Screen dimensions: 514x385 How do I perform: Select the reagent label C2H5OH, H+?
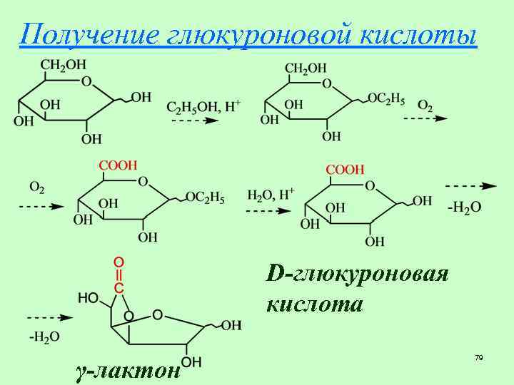pos(204,106)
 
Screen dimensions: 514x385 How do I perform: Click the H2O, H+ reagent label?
pos(271,195)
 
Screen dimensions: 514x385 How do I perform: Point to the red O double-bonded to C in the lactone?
pos(119,261)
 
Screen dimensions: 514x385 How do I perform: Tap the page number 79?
pos(478,356)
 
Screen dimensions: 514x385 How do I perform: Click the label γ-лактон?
pos(127,370)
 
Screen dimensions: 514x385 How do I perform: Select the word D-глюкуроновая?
pos(357,274)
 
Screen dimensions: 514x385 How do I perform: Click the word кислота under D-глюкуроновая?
pos(315,304)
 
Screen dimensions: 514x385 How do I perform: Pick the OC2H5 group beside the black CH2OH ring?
pos(386,98)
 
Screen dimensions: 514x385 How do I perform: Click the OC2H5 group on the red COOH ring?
pos(205,197)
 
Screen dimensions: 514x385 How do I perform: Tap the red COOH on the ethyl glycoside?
pos(118,165)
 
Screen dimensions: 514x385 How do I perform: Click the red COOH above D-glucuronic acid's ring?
pos(345,170)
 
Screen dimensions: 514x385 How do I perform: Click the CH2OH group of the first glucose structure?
pos(61,65)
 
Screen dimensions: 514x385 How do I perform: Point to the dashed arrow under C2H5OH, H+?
pos(194,120)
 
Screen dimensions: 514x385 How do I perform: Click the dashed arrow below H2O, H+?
pos(268,211)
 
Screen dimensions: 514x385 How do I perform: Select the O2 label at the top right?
pos(425,106)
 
